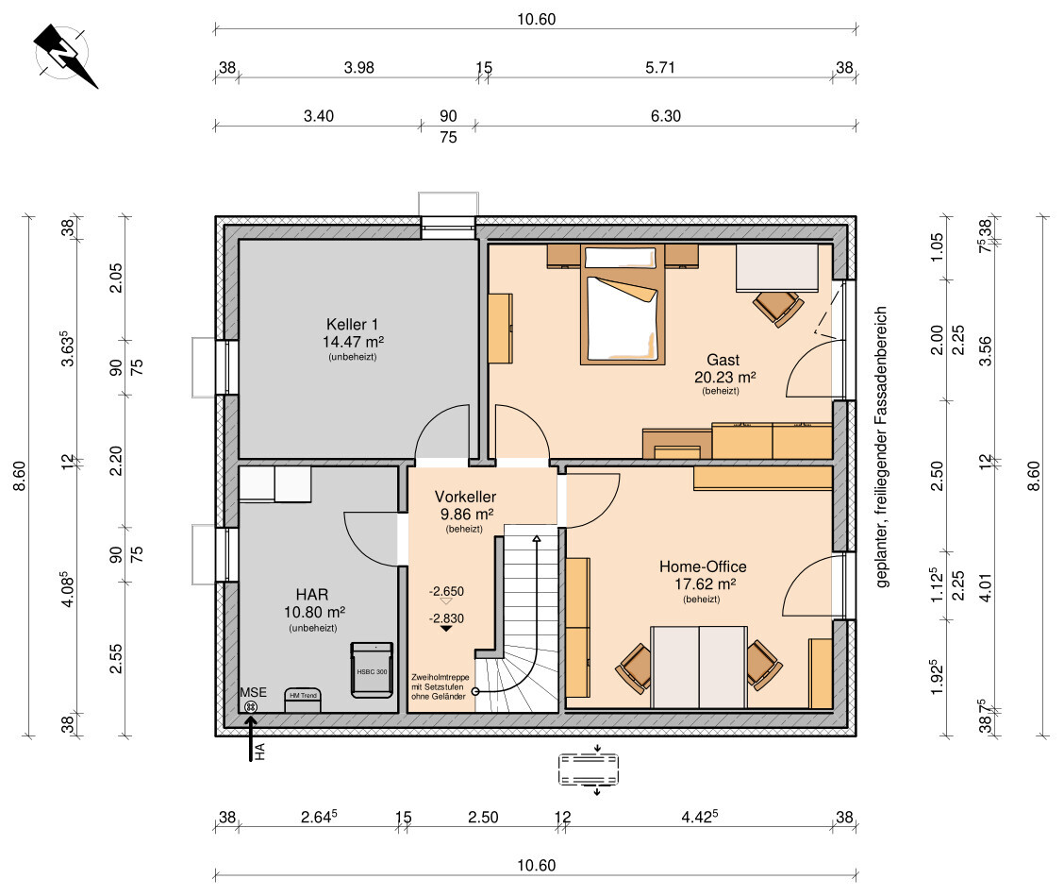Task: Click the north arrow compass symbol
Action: tap(64, 55)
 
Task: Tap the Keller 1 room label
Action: tap(352, 325)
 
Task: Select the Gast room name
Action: tap(723, 360)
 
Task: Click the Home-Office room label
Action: tap(703, 566)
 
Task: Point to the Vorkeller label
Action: tap(466, 497)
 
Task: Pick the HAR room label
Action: tap(312, 595)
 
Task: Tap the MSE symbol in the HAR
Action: tap(251, 706)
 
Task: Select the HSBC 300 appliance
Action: tap(372, 669)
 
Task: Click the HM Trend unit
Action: tap(303, 701)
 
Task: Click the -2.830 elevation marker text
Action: tap(446, 618)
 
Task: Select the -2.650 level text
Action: tap(446, 592)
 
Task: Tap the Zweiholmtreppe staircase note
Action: tap(440, 686)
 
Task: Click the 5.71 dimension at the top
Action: tap(660, 67)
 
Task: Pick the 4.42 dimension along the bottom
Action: tap(700, 817)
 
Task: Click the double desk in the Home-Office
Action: tap(699, 668)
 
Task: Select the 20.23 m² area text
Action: tap(724, 377)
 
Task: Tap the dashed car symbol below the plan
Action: tap(589, 769)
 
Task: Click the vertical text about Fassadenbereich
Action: tap(881, 447)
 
